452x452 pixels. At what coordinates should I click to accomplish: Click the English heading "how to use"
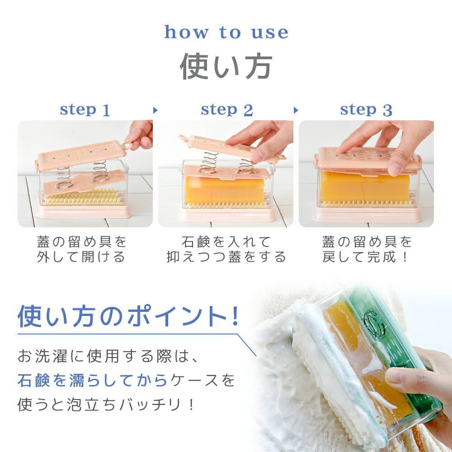point(226,32)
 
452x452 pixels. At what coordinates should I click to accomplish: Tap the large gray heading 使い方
point(226,66)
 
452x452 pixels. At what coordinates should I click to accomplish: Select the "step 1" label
point(85,110)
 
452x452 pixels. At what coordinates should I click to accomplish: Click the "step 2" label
point(227,110)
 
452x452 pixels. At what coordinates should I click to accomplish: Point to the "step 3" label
point(366,110)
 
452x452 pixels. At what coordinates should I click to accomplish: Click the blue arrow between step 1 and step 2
point(155,110)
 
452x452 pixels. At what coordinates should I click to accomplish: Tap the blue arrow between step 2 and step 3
point(296,110)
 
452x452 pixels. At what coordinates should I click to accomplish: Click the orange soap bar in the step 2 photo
point(224,190)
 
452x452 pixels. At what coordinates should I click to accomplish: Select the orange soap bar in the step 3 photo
point(365,186)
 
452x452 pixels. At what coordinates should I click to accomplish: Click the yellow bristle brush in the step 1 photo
point(83,197)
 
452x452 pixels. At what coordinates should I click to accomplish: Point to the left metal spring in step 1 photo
point(64,178)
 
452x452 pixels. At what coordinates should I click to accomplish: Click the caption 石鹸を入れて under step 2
point(226,241)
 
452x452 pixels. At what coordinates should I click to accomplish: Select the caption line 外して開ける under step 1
point(81,257)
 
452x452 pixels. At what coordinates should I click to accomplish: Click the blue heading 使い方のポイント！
point(128,316)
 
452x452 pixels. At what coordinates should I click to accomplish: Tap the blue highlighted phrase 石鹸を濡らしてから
point(92,380)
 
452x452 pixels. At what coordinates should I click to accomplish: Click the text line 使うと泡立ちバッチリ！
point(106,405)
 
